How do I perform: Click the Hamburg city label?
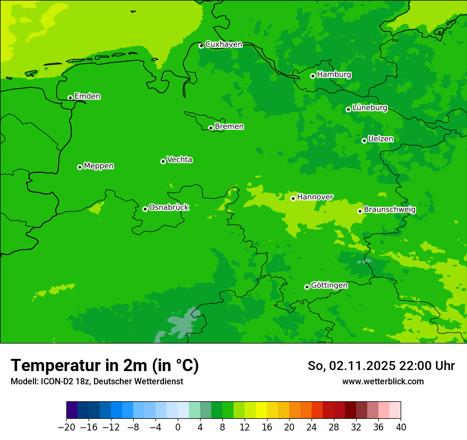334,75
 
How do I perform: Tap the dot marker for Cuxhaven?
201,46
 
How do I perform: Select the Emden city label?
87,96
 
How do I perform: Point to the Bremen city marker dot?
211,128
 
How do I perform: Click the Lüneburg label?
369,108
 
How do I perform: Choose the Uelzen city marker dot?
364,140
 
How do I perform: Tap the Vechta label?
179,160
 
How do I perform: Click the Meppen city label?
99,166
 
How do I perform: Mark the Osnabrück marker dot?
145,209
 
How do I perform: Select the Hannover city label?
315,197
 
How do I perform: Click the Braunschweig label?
390,210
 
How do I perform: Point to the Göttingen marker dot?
307,287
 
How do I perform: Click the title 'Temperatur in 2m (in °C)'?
105,365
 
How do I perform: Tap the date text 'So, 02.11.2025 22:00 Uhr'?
381,366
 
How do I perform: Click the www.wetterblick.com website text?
383,381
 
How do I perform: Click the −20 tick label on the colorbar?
66,427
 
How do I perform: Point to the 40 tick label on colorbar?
401,427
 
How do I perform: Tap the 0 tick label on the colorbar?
178,427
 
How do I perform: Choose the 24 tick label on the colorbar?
312,427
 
